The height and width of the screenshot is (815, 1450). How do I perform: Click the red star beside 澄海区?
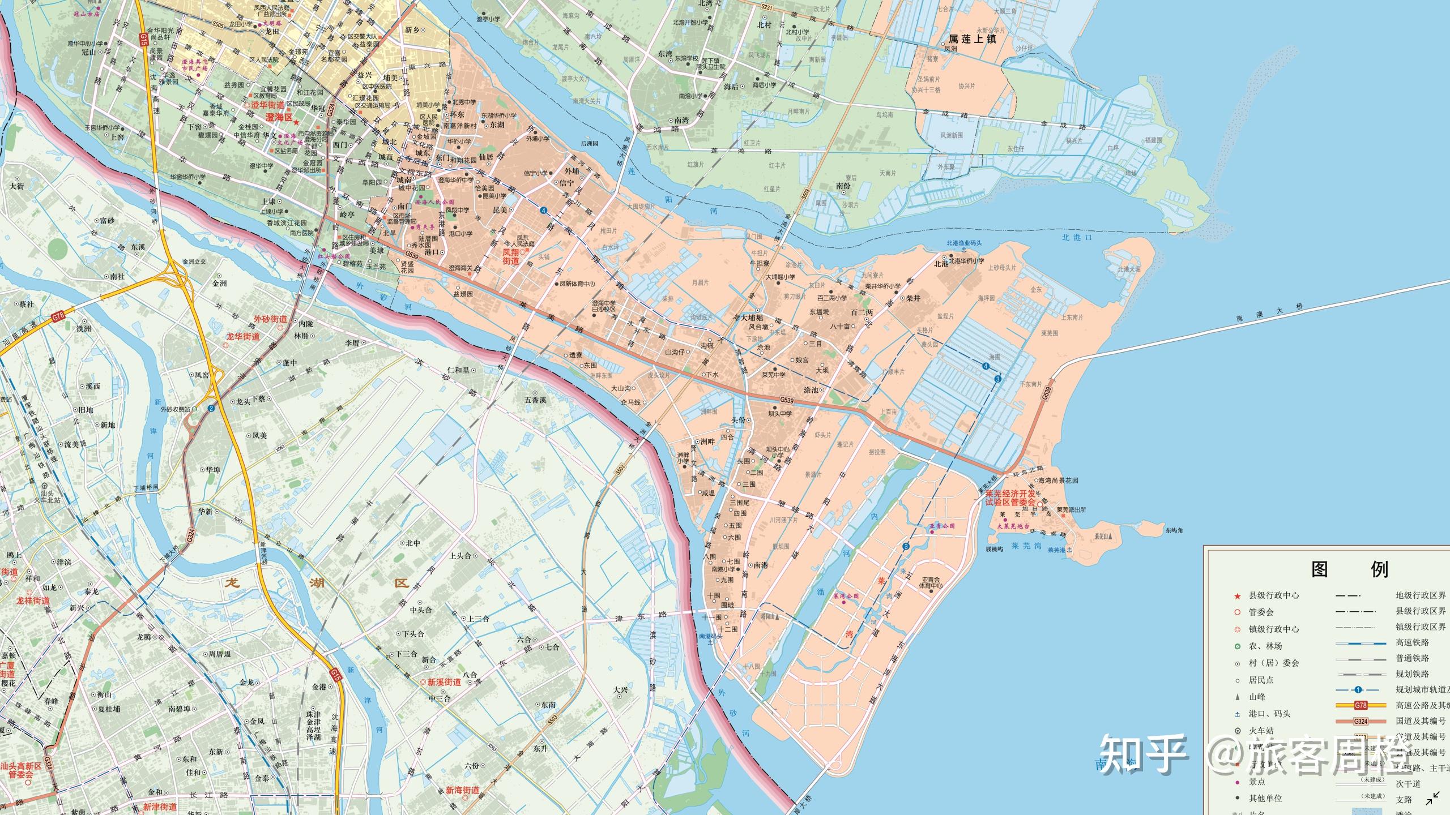tap(297, 122)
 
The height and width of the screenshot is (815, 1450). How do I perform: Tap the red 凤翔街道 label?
tap(510, 256)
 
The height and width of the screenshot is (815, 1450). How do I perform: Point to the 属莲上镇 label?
tap(973, 39)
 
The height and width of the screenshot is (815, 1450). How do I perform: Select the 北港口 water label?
tap(1077, 238)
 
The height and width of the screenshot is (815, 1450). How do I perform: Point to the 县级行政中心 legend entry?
tap(1274, 595)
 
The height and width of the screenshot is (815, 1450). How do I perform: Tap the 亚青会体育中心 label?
tap(931, 583)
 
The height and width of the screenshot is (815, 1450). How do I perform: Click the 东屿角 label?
tap(1174, 530)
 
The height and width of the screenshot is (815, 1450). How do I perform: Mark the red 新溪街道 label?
tap(444, 682)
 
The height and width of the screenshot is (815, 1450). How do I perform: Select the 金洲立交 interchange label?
tap(194, 262)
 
